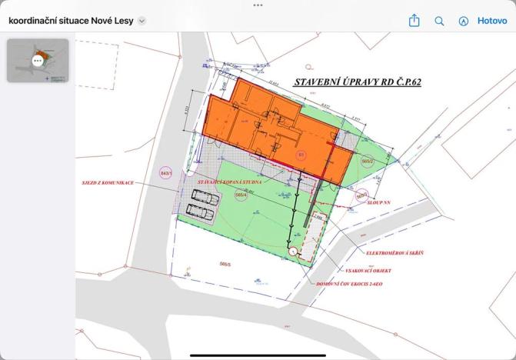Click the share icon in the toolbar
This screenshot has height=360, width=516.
pyautogui.click(x=414, y=21)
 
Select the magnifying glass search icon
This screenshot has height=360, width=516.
pyautogui.click(x=439, y=22)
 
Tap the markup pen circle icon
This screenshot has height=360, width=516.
pyautogui.click(x=463, y=22)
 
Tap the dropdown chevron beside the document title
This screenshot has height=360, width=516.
pyautogui.click(x=141, y=22)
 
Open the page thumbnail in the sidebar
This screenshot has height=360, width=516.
pyautogui.click(x=38, y=60)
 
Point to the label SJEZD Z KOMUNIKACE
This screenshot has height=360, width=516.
pyautogui.click(x=108, y=183)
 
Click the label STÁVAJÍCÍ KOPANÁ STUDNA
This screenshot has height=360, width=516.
pyautogui.click(x=229, y=182)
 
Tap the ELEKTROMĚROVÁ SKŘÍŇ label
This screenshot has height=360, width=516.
pyautogui.click(x=395, y=252)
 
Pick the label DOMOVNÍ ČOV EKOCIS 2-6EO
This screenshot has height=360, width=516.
pyautogui.click(x=349, y=284)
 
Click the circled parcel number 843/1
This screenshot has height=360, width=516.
pyautogui.click(x=165, y=173)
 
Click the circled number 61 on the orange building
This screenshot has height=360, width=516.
pyautogui.click(x=301, y=155)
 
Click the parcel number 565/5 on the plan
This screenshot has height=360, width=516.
pyautogui.click(x=225, y=264)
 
